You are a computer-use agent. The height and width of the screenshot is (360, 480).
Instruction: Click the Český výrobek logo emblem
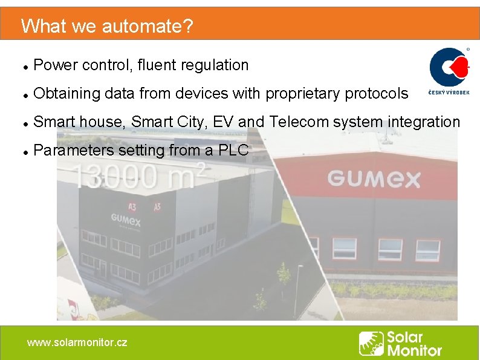click(x=449, y=67)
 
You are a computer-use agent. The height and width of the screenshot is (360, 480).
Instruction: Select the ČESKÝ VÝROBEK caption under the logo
click(x=449, y=93)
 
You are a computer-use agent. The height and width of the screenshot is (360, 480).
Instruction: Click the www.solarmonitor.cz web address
click(x=77, y=342)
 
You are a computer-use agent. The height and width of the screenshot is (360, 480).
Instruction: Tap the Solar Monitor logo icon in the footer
click(x=371, y=343)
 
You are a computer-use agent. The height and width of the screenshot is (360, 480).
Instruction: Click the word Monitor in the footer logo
click(x=414, y=350)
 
